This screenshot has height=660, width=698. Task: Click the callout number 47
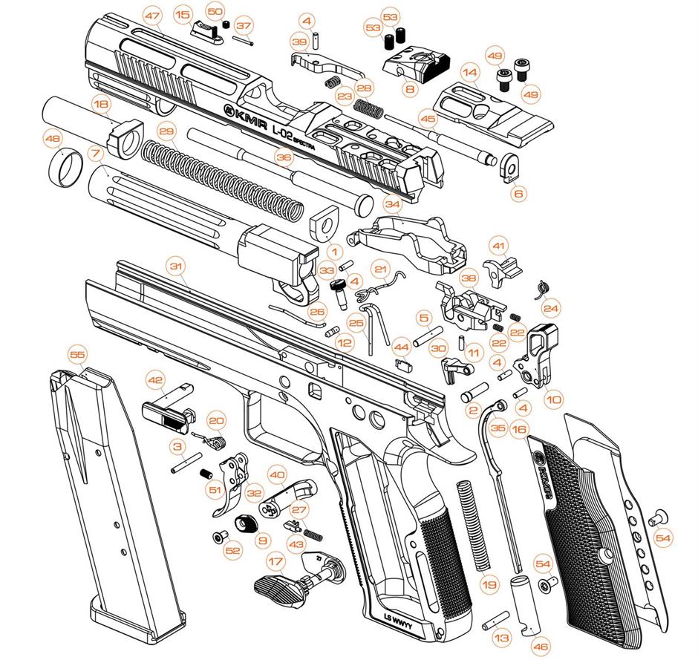(x=152, y=16)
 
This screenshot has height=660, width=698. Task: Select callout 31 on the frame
(x=177, y=266)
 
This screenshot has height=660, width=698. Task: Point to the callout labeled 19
(x=489, y=584)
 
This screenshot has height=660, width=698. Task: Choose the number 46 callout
(x=541, y=646)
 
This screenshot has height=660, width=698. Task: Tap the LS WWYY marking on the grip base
(x=397, y=621)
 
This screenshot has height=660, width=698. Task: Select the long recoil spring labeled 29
(x=224, y=180)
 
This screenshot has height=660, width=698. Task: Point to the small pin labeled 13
(x=495, y=619)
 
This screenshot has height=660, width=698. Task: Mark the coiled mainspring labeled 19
(x=474, y=525)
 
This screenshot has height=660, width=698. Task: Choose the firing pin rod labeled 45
(x=440, y=138)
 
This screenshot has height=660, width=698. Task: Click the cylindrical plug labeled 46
(x=525, y=605)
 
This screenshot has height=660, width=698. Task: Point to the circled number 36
(x=284, y=157)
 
